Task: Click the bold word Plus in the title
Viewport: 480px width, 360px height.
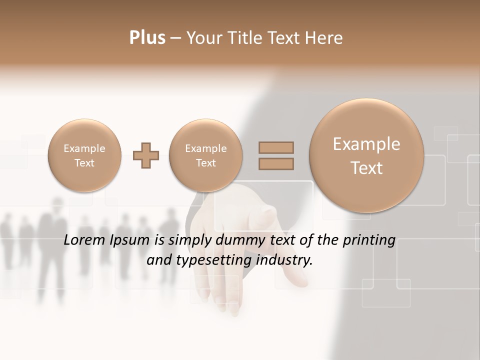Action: pos(147,38)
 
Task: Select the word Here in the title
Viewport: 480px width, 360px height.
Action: pos(323,38)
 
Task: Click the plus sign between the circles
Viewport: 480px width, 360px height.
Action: pos(146,155)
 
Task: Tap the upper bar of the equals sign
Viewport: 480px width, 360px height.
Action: pos(276,148)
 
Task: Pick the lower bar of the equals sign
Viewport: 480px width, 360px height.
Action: pos(276,163)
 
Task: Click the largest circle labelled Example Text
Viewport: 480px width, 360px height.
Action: pos(366,155)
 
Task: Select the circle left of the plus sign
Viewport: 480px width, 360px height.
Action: pos(84,155)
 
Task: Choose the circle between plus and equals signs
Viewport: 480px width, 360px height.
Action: pos(206,155)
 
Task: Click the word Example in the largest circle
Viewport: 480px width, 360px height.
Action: pos(366,144)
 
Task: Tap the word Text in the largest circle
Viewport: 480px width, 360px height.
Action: pos(366,168)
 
